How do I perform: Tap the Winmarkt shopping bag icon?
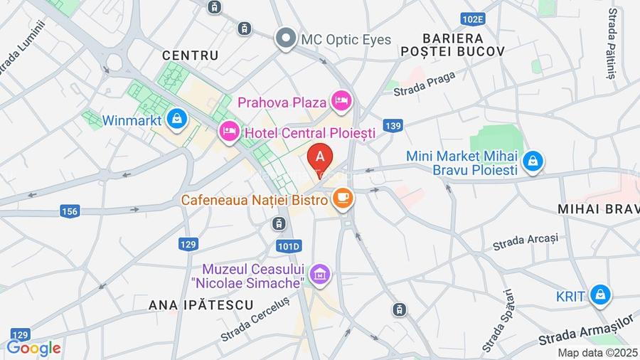tap(178, 120)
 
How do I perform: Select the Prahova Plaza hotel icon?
tap(342, 100)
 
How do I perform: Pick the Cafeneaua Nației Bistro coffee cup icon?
tap(343, 199)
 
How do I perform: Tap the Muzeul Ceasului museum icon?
tap(320, 273)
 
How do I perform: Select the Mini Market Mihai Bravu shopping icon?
tap(531, 162)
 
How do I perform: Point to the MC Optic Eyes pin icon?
tap(287, 38)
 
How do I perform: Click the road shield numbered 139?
tap(392, 126)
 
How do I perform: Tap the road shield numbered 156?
tap(70, 211)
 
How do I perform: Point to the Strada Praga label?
tap(419, 88)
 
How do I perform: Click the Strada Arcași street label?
tap(526, 242)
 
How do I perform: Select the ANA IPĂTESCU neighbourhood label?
tap(201, 305)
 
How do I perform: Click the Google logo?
tap(33, 348)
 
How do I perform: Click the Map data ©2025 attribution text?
tap(598, 352)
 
